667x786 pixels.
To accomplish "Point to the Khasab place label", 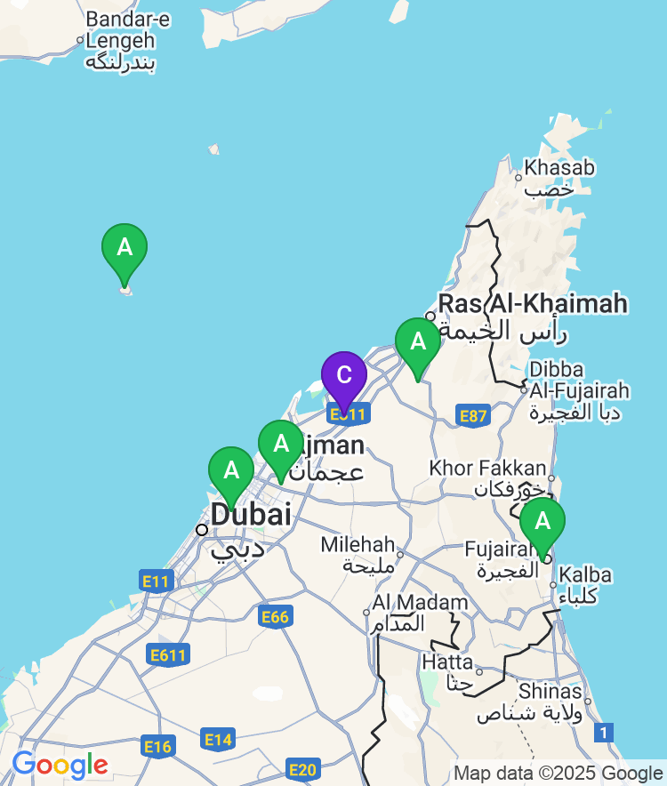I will (559, 167).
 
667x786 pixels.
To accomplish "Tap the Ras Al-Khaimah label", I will (532, 304).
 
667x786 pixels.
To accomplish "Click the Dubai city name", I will (250, 515).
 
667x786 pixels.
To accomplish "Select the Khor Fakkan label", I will (487, 468).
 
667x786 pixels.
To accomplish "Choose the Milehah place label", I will (358, 544).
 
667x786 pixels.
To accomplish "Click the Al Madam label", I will (420, 603).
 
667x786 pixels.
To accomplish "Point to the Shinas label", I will (551, 692).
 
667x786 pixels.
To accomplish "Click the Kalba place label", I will (586, 575).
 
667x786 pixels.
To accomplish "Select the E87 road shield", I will (473, 415).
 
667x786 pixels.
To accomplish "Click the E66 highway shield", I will (276, 616).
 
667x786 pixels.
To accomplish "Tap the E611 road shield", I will (168, 656).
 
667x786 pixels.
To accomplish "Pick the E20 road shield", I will (302, 770).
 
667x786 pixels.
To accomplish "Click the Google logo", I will (60, 765).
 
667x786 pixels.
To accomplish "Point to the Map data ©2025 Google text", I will (558, 773).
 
